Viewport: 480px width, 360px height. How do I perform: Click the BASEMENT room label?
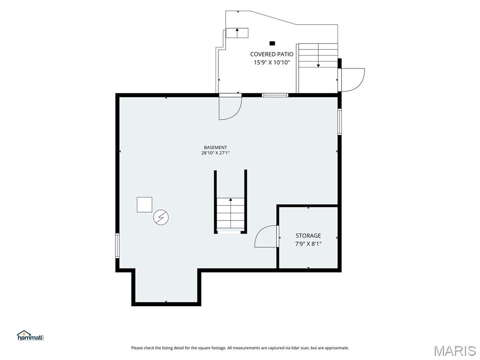(216, 147)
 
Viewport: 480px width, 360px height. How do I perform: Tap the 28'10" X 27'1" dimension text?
(216, 153)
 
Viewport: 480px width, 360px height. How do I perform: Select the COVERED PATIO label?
(271, 54)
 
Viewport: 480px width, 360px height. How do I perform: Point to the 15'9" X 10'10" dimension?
(271, 62)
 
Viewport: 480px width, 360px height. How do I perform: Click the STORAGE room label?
(308, 235)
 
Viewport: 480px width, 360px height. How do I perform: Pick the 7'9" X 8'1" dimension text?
(308, 244)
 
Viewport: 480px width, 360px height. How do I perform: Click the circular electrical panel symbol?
(161, 217)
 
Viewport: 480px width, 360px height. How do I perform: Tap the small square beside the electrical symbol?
(144, 204)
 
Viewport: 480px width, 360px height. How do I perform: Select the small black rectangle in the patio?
(272, 43)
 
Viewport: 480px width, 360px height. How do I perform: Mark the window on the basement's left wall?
(117, 246)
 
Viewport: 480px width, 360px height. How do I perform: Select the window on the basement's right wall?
(339, 121)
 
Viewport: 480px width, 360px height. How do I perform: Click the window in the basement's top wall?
(275, 95)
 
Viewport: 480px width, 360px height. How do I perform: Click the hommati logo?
(30, 336)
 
